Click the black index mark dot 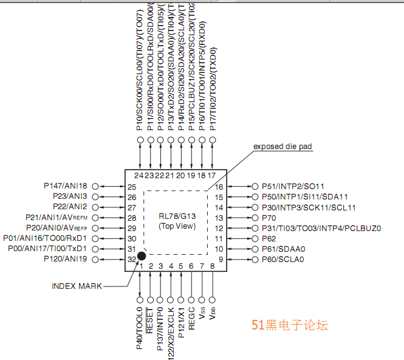tap(141, 257)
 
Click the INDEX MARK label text tap(76, 286)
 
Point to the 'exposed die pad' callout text tap(282, 147)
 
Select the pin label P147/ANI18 tap(66, 186)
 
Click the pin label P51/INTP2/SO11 tap(293, 186)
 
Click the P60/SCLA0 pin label tap(282, 260)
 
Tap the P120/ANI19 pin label tap(66, 259)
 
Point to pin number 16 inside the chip tap(219, 187)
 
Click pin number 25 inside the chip tap(132, 187)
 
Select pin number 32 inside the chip tap(132, 260)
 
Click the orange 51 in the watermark tap(257, 325)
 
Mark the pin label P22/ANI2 tap(70, 207)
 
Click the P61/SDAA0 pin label tap(283, 249)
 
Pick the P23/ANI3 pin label tap(70, 196)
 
